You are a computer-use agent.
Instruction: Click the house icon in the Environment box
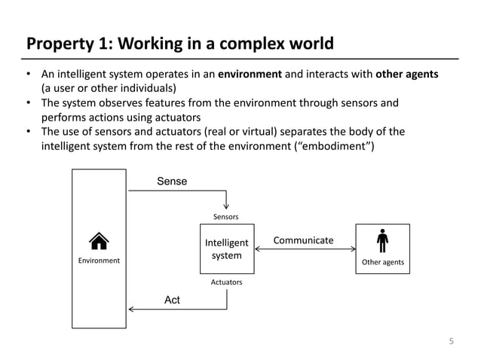[x=98, y=241]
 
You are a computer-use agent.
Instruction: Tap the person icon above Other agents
[x=382, y=241]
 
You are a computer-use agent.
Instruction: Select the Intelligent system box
[x=226, y=249]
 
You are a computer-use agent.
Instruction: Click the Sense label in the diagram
[x=171, y=182]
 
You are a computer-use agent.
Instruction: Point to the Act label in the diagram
[x=172, y=300]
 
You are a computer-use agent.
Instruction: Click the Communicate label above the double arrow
[x=303, y=240]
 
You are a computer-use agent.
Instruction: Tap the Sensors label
[x=226, y=217]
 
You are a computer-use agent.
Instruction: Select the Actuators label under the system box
[x=226, y=282]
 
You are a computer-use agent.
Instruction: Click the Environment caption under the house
[x=99, y=261]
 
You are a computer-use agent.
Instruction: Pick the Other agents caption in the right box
[x=383, y=262]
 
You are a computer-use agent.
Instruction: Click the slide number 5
[x=452, y=341]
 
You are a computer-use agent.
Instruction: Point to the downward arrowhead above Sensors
[x=227, y=206]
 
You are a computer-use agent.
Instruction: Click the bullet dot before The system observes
[x=28, y=103]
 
